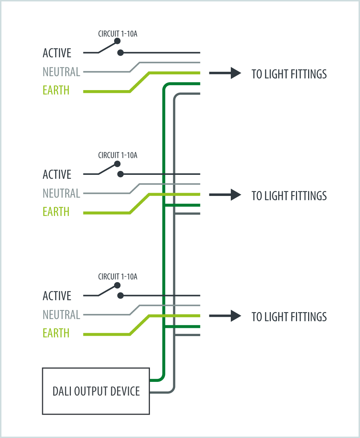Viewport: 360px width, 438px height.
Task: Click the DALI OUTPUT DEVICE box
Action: point(96,391)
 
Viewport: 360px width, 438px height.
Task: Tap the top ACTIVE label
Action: point(57,53)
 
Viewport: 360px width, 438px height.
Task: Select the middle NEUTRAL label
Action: point(61,193)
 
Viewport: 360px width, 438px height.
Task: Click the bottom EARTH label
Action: point(56,333)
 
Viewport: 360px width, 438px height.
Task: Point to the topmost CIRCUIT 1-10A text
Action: point(118,34)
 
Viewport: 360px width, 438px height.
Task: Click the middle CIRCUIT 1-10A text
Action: point(118,155)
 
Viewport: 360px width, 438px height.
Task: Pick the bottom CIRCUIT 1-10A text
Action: point(118,277)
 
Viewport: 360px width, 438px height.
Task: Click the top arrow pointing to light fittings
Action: point(225,73)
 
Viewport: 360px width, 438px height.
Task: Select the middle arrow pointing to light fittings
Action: point(225,195)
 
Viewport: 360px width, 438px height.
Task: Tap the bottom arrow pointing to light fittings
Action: point(225,316)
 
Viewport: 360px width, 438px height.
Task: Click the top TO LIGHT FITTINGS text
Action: point(289,74)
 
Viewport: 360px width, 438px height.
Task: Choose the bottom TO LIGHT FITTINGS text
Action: point(289,317)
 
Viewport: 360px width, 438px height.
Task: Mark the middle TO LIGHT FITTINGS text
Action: point(289,196)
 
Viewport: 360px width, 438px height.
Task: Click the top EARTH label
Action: point(56,90)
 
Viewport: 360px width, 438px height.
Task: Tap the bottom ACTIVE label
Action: point(57,296)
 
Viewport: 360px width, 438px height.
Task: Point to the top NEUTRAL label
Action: point(61,72)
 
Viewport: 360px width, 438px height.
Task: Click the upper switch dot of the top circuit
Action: point(117,41)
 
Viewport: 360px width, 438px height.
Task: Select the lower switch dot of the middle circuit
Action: point(121,174)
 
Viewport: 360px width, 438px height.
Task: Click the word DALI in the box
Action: point(62,391)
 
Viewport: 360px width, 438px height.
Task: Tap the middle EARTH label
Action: point(56,212)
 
